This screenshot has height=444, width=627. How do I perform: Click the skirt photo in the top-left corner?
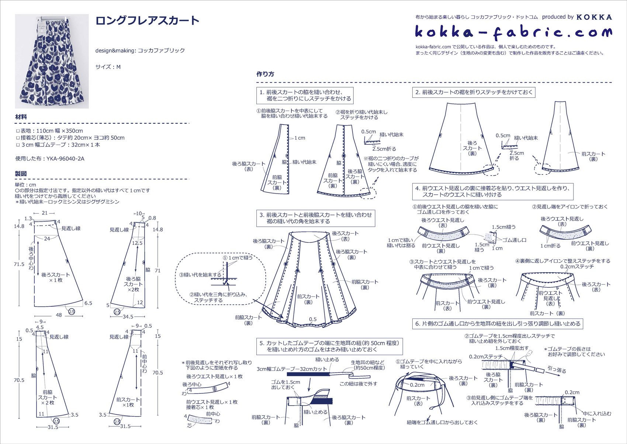pyautogui.click(x=52, y=61)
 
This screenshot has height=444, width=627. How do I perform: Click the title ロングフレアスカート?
pyautogui.click(x=147, y=21)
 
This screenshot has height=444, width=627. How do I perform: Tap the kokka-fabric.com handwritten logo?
pyautogui.click(x=513, y=33)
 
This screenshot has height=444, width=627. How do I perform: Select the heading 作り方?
pyautogui.click(x=265, y=74)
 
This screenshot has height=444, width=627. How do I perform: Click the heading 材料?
pyautogui.click(x=21, y=117)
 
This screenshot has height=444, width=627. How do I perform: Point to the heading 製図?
pyautogui.click(x=21, y=174)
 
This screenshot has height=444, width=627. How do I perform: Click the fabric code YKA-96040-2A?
pyautogui.click(x=65, y=159)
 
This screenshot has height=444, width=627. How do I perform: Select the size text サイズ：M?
pyautogui.click(x=108, y=67)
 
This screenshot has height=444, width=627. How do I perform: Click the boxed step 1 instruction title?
pyautogui.click(x=305, y=95)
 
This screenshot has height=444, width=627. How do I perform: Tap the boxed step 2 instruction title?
pyautogui.click(x=474, y=92)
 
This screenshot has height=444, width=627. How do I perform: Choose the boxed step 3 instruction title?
pyautogui.click(x=315, y=218)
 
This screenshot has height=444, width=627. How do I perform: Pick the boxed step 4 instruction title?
pyautogui.click(x=492, y=191)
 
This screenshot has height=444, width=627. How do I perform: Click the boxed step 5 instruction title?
pyautogui.click(x=329, y=346)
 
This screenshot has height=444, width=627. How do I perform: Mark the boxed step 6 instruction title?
pyautogui.click(x=498, y=324)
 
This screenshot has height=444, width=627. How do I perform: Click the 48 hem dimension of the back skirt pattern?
pyautogui.click(x=59, y=315)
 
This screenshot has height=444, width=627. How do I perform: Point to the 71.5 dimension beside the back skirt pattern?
pyautogui.click(x=19, y=264)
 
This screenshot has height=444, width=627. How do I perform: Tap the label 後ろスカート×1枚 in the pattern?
pyautogui.click(x=55, y=277)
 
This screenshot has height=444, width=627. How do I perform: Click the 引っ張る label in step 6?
pyautogui.click(x=557, y=369)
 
